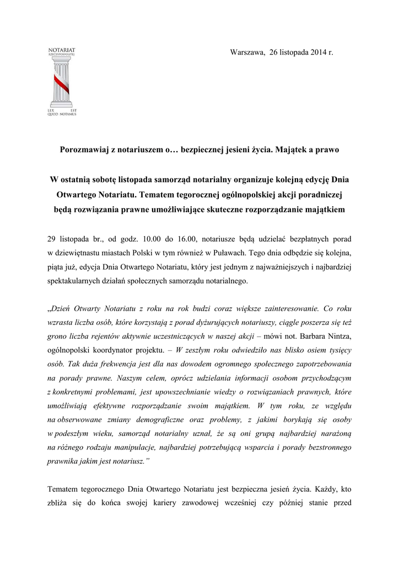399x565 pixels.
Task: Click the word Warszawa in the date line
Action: [246, 52]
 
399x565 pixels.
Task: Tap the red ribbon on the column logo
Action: [61, 83]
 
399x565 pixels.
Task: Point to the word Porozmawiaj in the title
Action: [84, 150]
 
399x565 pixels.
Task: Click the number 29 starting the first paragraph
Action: [52, 239]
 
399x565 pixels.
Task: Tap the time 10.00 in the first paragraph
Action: [152, 239]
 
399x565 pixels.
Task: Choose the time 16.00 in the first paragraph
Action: [186, 239]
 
